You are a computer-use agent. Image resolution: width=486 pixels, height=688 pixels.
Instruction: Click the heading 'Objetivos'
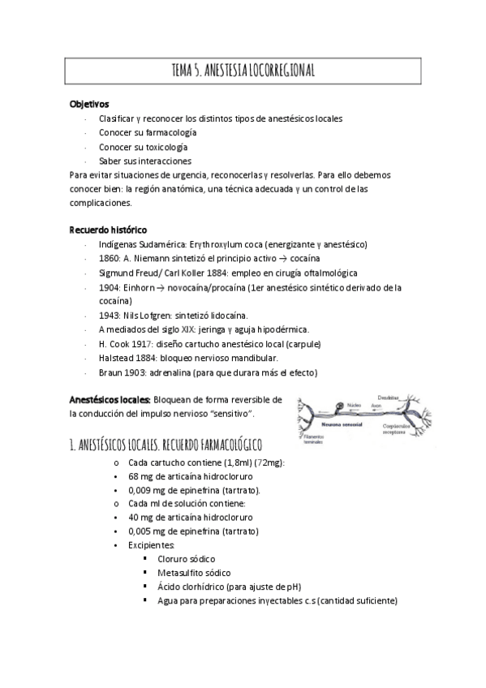click(x=89, y=104)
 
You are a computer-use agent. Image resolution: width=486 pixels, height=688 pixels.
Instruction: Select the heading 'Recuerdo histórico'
click(x=108, y=230)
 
